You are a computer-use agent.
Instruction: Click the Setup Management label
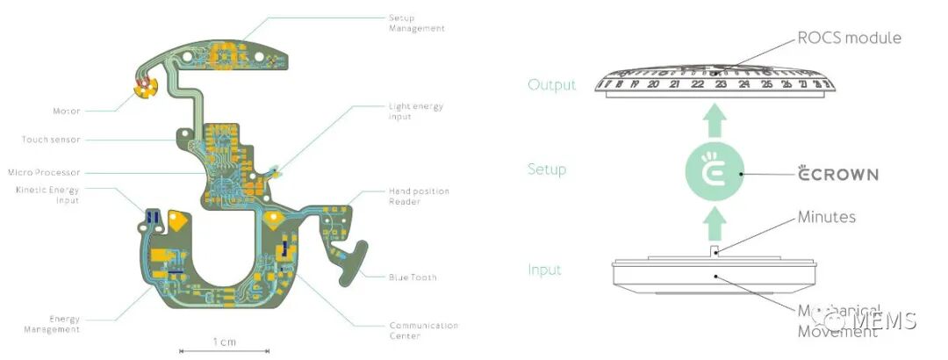(416, 23)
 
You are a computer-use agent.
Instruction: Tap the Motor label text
(67, 112)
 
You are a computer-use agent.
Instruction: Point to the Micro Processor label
(43, 172)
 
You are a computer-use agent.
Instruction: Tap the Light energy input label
(415, 112)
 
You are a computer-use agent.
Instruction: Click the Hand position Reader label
(419, 196)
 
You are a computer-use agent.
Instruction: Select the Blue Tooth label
(413, 277)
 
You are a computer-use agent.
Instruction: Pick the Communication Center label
(423, 329)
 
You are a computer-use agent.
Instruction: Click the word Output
(552, 85)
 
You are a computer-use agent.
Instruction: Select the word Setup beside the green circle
(547, 169)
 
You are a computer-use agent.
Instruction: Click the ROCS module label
(849, 38)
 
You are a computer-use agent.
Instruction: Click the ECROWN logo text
(838, 174)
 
